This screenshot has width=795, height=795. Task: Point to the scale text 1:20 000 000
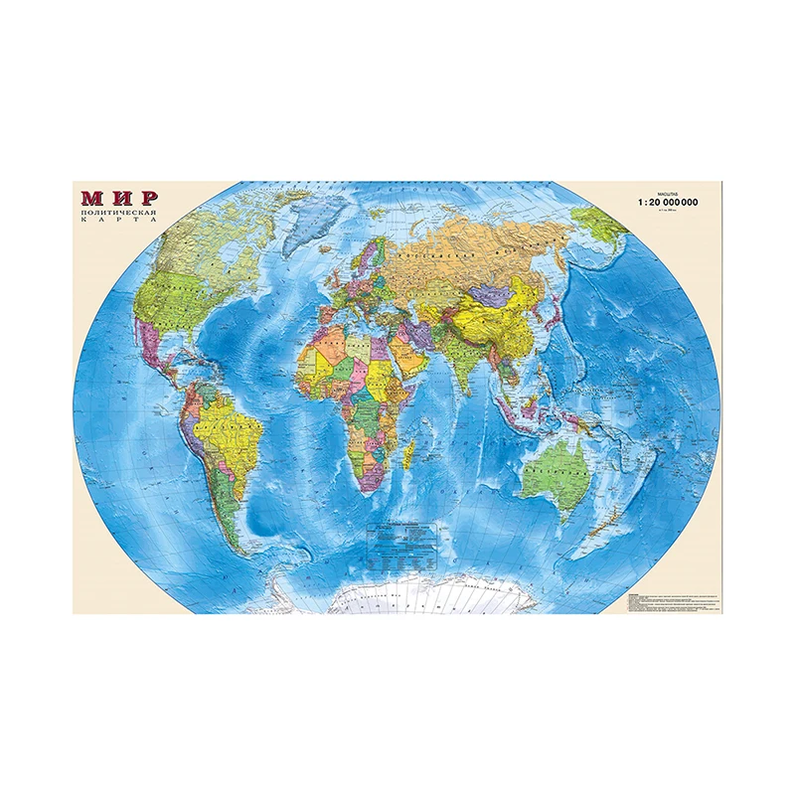[668, 202]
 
